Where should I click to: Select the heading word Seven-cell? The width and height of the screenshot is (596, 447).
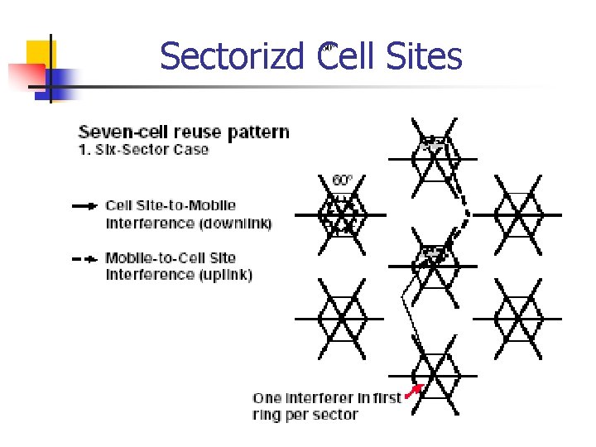pyautogui.click(x=118, y=132)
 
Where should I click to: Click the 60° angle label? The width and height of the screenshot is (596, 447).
pyautogui.click(x=342, y=180)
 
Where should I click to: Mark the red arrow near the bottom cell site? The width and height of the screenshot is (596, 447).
pyautogui.click(x=415, y=388)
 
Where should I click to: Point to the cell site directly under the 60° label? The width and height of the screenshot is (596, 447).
pyautogui.click(x=341, y=214)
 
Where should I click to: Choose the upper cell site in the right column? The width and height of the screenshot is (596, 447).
pyautogui.click(x=518, y=214)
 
